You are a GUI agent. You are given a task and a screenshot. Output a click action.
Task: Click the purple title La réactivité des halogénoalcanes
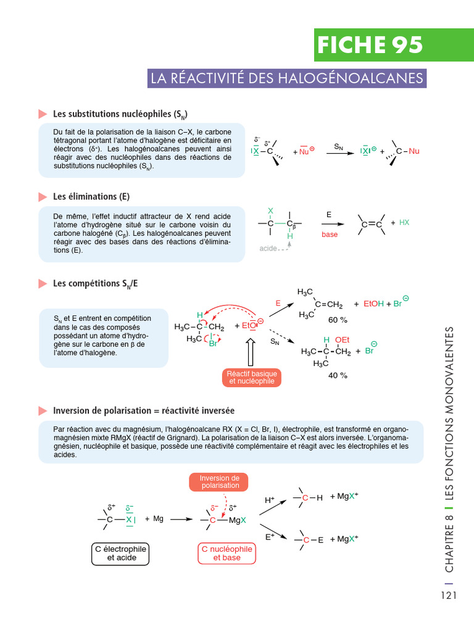click(x=287, y=78)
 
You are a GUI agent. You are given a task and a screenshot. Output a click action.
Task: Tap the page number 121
click(x=449, y=596)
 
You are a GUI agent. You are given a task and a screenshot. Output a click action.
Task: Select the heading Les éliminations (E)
click(x=91, y=196)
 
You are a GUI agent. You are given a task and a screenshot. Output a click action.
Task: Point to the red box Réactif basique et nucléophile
click(x=252, y=378)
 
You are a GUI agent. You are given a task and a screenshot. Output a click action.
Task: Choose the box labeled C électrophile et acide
click(x=122, y=553)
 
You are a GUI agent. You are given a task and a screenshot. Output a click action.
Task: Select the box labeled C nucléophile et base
click(x=227, y=553)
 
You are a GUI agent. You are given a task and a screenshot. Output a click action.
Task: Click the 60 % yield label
click(x=338, y=320)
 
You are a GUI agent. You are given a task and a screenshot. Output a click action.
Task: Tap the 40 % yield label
click(x=338, y=375)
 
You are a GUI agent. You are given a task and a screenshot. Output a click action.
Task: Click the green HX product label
click(x=404, y=222)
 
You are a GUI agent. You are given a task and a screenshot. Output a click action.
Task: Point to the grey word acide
click(x=268, y=248)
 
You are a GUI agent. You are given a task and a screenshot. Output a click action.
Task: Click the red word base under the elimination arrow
click(x=330, y=235)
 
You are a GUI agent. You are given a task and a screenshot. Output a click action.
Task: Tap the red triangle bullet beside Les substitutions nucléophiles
click(x=43, y=114)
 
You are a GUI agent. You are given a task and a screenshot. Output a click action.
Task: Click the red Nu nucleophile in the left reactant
click(x=304, y=151)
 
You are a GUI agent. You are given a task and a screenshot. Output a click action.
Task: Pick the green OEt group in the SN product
click(x=342, y=340)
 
